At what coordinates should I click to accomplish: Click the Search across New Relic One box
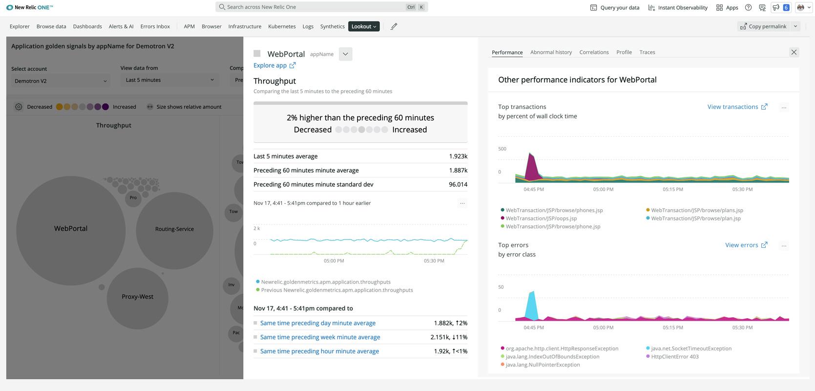(313, 7)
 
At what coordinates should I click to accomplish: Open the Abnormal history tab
(551, 52)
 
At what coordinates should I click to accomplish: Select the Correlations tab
(594, 52)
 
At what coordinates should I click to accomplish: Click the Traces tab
(647, 52)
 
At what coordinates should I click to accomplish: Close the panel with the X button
(794, 52)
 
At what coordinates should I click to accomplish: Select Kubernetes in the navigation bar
(282, 26)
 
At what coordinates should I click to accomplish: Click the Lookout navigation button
(364, 26)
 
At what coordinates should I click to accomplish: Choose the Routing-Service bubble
(174, 229)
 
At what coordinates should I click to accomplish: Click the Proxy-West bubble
(137, 297)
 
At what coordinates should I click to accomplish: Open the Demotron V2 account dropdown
(61, 81)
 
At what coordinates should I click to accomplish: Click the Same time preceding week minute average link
(320, 337)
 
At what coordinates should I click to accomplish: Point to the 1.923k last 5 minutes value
(458, 156)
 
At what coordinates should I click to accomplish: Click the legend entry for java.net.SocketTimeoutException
(690, 348)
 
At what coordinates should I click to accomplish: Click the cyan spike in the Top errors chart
(532, 305)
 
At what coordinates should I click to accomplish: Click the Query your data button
(614, 7)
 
